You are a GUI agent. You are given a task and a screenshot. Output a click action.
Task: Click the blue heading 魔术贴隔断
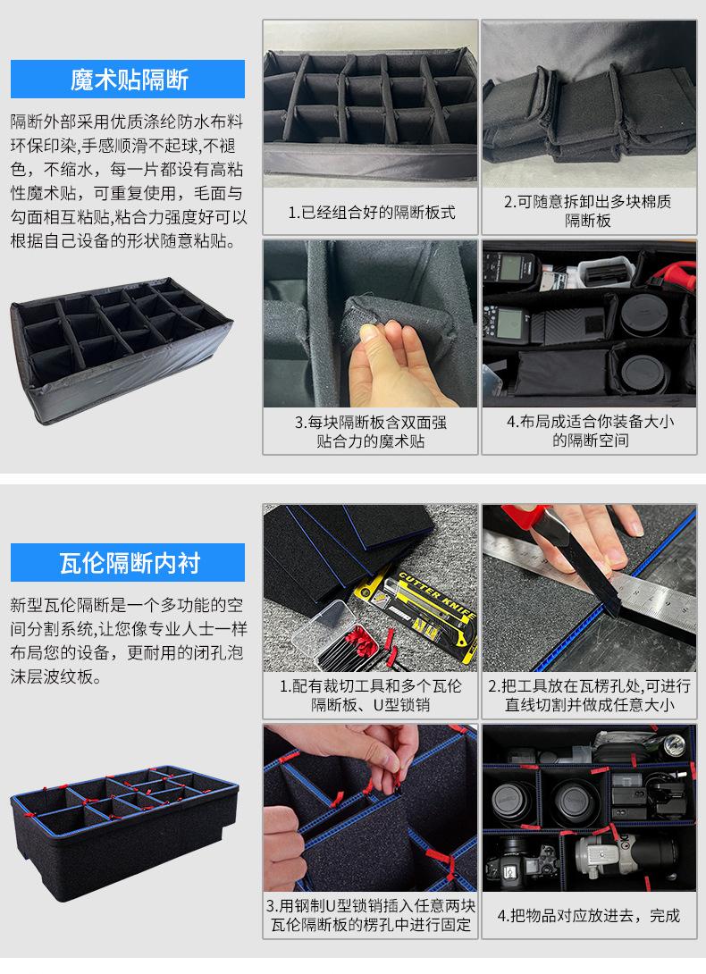(x=129, y=80)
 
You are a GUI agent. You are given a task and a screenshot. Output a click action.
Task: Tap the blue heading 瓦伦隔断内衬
(x=130, y=563)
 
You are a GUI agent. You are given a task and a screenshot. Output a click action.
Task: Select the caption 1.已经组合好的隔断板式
(x=371, y=213)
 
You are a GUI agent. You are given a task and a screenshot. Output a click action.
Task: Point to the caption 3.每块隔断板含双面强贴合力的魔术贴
(x=370, y=432)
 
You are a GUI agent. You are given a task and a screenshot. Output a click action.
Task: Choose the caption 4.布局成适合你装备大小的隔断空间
(x=590, y=431)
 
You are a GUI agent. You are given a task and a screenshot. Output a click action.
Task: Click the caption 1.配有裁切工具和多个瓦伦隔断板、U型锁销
(x=370, y=695)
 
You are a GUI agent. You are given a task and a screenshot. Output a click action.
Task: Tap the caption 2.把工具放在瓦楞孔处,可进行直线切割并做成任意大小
(x=589, y=695)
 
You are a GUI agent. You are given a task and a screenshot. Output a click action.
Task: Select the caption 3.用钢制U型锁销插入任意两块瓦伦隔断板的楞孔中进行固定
(x=370, y=915)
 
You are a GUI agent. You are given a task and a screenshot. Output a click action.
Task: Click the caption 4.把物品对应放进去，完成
(x=589, y=915)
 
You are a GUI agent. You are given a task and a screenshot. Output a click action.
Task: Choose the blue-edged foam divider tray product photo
(x=124, y=833)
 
